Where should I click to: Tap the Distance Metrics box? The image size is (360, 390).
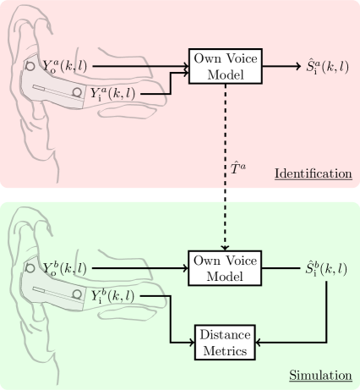click(x=224, y=342)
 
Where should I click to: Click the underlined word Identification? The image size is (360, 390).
click(x=312, y=173)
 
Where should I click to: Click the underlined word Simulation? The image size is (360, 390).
click(x=320, y=375)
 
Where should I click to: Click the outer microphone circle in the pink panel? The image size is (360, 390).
click(x=30, y=65)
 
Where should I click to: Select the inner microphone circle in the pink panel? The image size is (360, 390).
click(x=77, y=92)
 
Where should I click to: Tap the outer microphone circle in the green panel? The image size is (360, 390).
click(x=30, y=267)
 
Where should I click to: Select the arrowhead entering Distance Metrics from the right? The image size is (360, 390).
click(x=258, y=343)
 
